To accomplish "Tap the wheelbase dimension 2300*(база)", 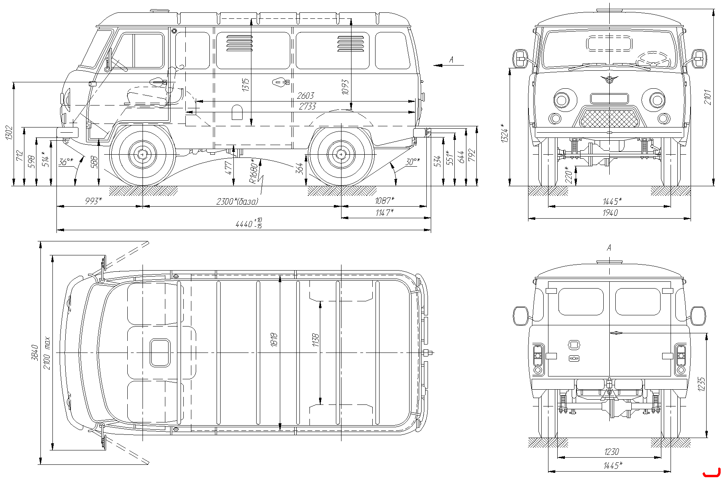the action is pyautogui.click(x=237, y=201).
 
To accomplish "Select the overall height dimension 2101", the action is pyautogui.click(x=707, y=97).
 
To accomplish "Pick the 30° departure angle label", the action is pyautogui.click(x=413, y=161).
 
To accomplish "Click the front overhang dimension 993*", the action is pyautogui.click(x=94, y=201).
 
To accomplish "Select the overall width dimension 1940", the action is pyautogui.click(x=610, y=213).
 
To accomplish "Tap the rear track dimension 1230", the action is pyautogui.click(x=611, y=452).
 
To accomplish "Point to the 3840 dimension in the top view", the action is pyautogui.click(x=34, y=353).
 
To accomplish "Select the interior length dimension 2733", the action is pyautogui.click(x=307, y=106).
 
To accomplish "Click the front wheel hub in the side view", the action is pyautogui.click(x=142, y=154).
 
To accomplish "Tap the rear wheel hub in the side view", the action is pyautogui.click(x=341, y=154).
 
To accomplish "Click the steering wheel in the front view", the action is pyautogui.click(x=654, y=59).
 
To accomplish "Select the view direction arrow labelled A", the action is pyautogui.click(x=448, y=65).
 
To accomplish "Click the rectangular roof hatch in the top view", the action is pyautogui.click(x=160, y=353).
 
